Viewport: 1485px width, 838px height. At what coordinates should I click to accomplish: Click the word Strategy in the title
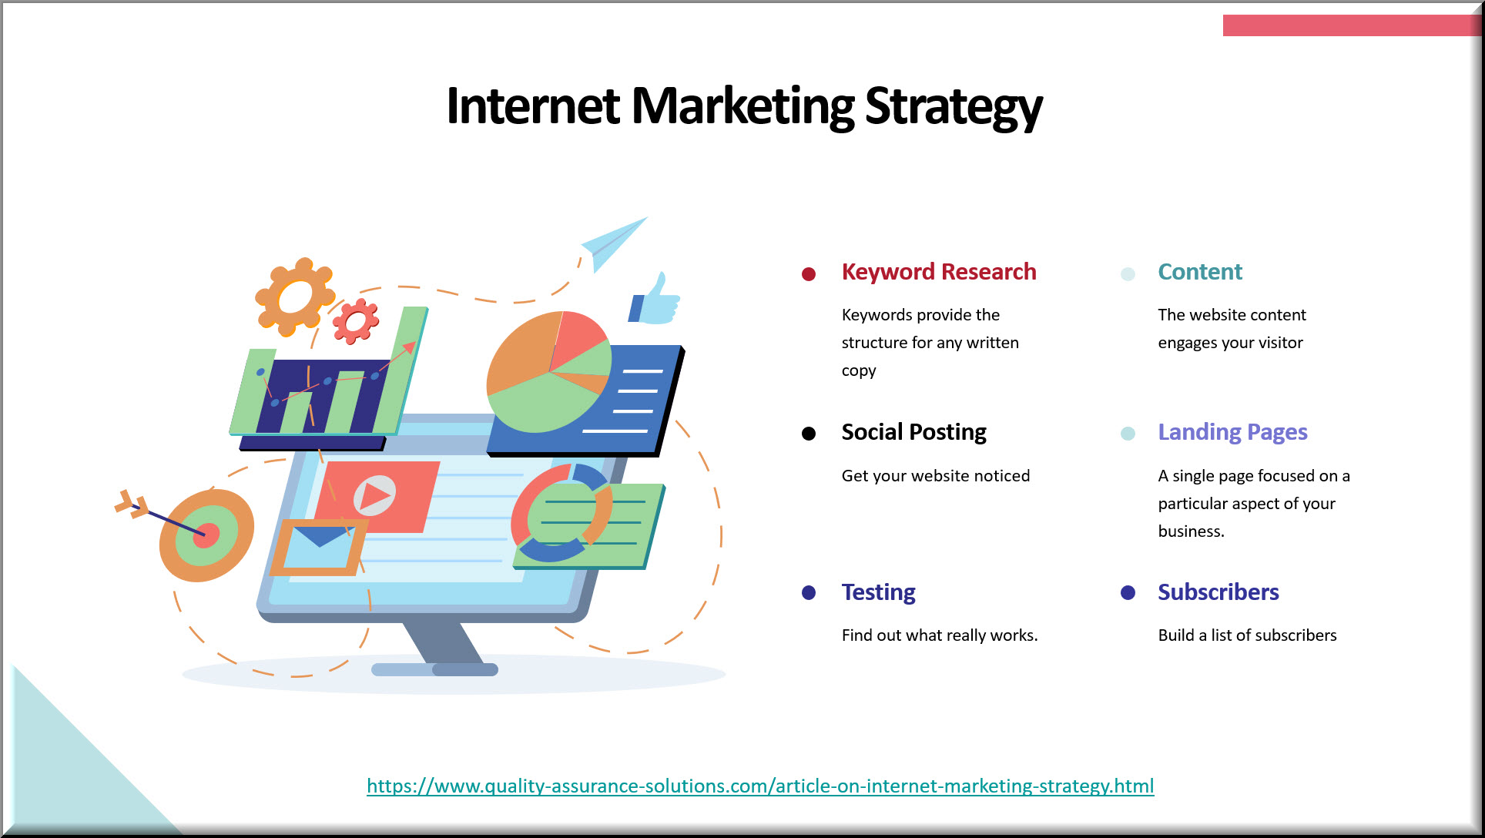click(x=954, y=106)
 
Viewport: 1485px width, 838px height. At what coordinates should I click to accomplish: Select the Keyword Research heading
click(x=939, y=272)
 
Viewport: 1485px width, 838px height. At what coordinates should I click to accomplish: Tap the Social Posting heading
click(x=913, y=432)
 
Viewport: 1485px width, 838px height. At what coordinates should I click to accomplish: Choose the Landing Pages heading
click(x=1232, y=432)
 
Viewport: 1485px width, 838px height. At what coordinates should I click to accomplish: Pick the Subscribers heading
click(x=1218, y=592)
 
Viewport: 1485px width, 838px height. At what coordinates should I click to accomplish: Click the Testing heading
click(x=878, y=592)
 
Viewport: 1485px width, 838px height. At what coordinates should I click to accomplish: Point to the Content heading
click(x=1200, y=272)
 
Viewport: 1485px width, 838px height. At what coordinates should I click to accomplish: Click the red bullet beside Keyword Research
click(x=809, y=274)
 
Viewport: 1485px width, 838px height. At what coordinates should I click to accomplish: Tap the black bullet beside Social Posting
click(x=809, y=434)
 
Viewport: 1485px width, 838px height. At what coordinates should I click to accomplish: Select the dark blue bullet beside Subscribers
click(x=1128, y=592)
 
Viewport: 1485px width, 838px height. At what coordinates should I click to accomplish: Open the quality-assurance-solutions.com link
click(x=760, y=786)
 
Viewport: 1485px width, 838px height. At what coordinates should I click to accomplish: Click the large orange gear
click(x=295, y=297)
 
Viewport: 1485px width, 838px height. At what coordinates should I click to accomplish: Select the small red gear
click(x=355, y=321)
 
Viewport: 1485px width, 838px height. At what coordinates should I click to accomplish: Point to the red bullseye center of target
click(x=206, y=535)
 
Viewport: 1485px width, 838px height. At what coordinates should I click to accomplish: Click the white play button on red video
click(x=375, y=495)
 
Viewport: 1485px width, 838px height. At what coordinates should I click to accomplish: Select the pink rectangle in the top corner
click(x=1351, y=25)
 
